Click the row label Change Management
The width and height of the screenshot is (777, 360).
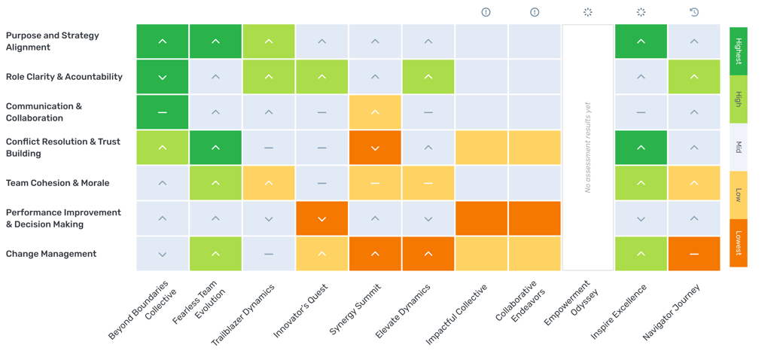pos(51,254)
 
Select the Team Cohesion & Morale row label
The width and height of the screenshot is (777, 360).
pos(57,183)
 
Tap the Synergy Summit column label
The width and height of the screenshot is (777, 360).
pos(355,310)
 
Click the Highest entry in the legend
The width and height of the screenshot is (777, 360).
pos(738,51)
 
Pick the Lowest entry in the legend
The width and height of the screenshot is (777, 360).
pos(738,243)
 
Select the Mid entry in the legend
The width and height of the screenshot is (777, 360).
pos(738,147)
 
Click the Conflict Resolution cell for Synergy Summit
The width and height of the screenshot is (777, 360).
pos(375,148)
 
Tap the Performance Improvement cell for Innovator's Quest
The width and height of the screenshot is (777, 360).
pos(321,218)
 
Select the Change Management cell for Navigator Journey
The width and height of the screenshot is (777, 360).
pos(693,254)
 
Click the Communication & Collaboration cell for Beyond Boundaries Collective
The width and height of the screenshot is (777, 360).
pos(163,112)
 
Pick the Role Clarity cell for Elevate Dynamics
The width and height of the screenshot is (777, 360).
pos(428,77)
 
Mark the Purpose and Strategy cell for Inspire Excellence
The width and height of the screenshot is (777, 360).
pos(641,41)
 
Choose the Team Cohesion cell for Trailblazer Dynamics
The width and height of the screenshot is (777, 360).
pos(269,183)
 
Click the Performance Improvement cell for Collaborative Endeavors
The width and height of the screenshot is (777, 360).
pos(534,218)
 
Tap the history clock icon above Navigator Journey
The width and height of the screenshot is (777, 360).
pos(693,12)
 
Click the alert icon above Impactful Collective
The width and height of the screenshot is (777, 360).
pos(486,12)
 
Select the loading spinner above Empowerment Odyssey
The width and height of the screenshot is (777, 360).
pos(587,12)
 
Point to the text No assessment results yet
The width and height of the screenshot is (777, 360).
pos(587,148)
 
